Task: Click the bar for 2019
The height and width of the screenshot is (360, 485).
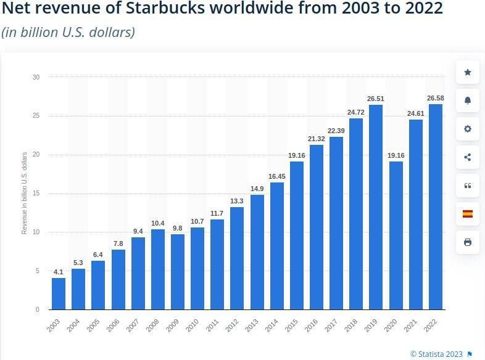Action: (x=376, y=207)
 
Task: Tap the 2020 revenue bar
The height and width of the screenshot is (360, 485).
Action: (x=396, y=235)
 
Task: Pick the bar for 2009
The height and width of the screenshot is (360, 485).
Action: (x=178, y=271)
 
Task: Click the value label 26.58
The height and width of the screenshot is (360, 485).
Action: (x=435, y=98)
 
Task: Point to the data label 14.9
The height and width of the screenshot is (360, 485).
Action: (x=257, y=189)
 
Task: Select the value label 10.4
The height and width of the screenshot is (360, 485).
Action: (x=158, y=223)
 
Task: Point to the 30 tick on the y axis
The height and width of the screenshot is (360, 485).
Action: (x=36, y=77)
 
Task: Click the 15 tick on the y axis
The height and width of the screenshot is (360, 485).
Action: (x=36, y=194)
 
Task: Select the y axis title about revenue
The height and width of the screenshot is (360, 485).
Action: (x=25, y=193)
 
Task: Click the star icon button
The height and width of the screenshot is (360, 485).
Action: (x=467, y=73)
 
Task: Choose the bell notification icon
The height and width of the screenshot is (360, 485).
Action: (x=467, y=101)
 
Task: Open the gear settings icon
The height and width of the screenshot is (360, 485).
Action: (x=467, y=129)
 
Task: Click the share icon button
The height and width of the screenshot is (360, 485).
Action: (x=467, y=157)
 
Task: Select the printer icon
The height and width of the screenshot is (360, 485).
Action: (x=467, y=242)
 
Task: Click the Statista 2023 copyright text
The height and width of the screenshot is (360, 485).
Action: (x=436, y=354)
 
